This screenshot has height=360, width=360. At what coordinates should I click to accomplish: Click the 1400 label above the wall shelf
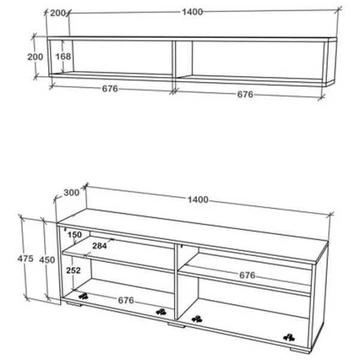coord(193,12)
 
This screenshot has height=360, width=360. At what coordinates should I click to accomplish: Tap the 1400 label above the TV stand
coord(198,200)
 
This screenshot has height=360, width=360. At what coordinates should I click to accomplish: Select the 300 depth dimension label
coord(71,193)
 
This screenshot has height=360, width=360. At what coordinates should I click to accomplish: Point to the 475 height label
coord(25,259)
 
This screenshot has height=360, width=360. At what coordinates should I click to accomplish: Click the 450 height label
coord(47,260)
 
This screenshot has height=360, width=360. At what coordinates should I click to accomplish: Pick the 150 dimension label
coord(74,235)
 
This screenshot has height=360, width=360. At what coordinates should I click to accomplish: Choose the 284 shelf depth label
coord(100,246)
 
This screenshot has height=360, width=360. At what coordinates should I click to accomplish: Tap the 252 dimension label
coord(73,271)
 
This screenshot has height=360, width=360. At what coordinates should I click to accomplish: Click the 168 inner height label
coord(63,56)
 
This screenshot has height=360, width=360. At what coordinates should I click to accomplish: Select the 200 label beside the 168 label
coord(35,57)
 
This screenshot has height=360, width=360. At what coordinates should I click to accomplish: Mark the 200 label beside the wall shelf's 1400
coord(58,13)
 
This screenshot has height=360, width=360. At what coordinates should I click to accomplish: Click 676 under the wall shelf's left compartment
coord(110,89)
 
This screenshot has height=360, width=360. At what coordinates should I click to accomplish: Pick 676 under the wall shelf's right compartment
coord(245,94)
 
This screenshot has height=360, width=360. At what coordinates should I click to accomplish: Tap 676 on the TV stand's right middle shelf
coord(247,275)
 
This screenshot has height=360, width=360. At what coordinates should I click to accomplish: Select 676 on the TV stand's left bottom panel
coord(126,301)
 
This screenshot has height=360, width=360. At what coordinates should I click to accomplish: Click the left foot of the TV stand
coord(74,304)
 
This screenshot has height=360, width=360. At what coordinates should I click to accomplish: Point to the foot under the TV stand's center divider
coord(176,325)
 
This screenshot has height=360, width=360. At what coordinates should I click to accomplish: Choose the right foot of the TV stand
coord(300,350)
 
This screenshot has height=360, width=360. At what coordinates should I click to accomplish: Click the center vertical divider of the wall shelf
coord(174,59)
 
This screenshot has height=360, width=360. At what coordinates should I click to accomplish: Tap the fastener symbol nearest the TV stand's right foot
coord(289,338)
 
